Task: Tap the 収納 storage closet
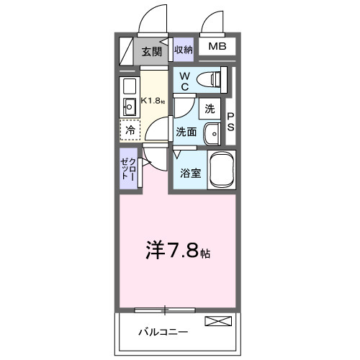click(184, 50)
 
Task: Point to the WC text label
click(184, 81)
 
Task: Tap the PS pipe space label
click(231, 122)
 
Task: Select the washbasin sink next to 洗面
click(213, 133)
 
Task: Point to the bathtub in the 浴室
click(222, 170)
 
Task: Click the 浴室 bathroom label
click(189, 174)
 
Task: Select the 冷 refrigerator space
click(130, 130)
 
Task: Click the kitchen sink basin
click(130, 108)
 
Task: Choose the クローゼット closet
click(129, 168)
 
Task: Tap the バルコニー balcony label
click(163, 332)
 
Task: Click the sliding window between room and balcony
click(165, 310)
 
